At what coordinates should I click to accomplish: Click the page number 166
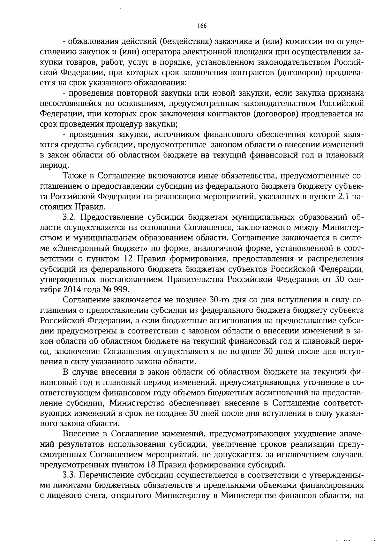pyautogui.click(x=202, y=26)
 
